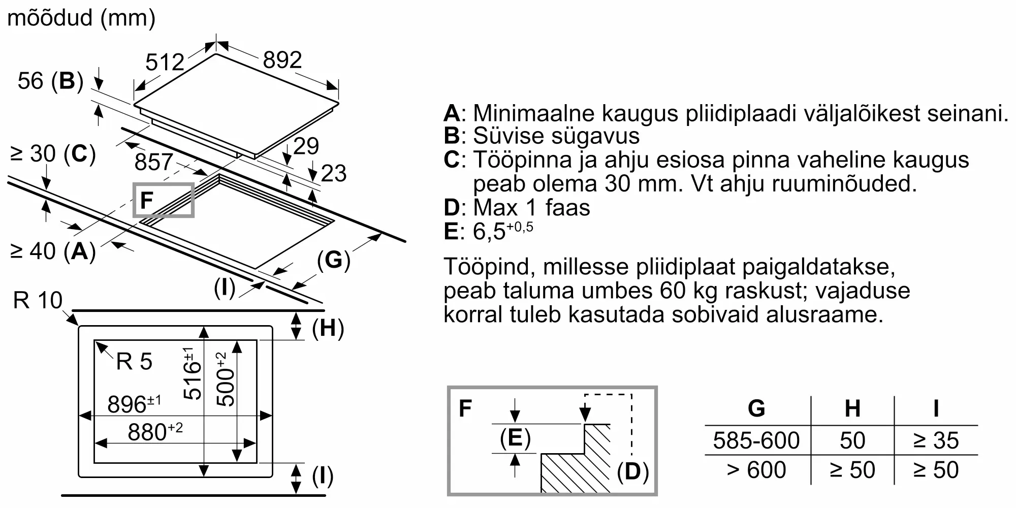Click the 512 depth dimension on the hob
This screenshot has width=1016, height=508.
165,62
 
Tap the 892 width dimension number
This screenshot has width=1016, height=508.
282,60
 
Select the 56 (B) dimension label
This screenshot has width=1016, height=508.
50,81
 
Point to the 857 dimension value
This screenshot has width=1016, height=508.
154,162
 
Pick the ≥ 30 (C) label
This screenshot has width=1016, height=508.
53,153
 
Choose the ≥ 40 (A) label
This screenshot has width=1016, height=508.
53,251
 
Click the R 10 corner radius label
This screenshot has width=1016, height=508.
38,300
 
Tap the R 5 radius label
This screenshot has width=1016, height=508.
134,362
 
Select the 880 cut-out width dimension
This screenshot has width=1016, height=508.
155,431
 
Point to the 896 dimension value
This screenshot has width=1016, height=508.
134,404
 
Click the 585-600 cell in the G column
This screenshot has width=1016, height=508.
756,440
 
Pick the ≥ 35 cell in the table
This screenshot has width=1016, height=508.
936,440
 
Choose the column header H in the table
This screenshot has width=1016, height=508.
852,408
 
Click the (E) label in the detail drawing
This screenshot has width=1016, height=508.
515,438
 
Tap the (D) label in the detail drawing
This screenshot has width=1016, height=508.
632,472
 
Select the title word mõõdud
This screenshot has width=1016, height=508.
50,18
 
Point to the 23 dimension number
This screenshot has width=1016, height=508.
334,173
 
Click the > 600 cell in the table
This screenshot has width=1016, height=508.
756,470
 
